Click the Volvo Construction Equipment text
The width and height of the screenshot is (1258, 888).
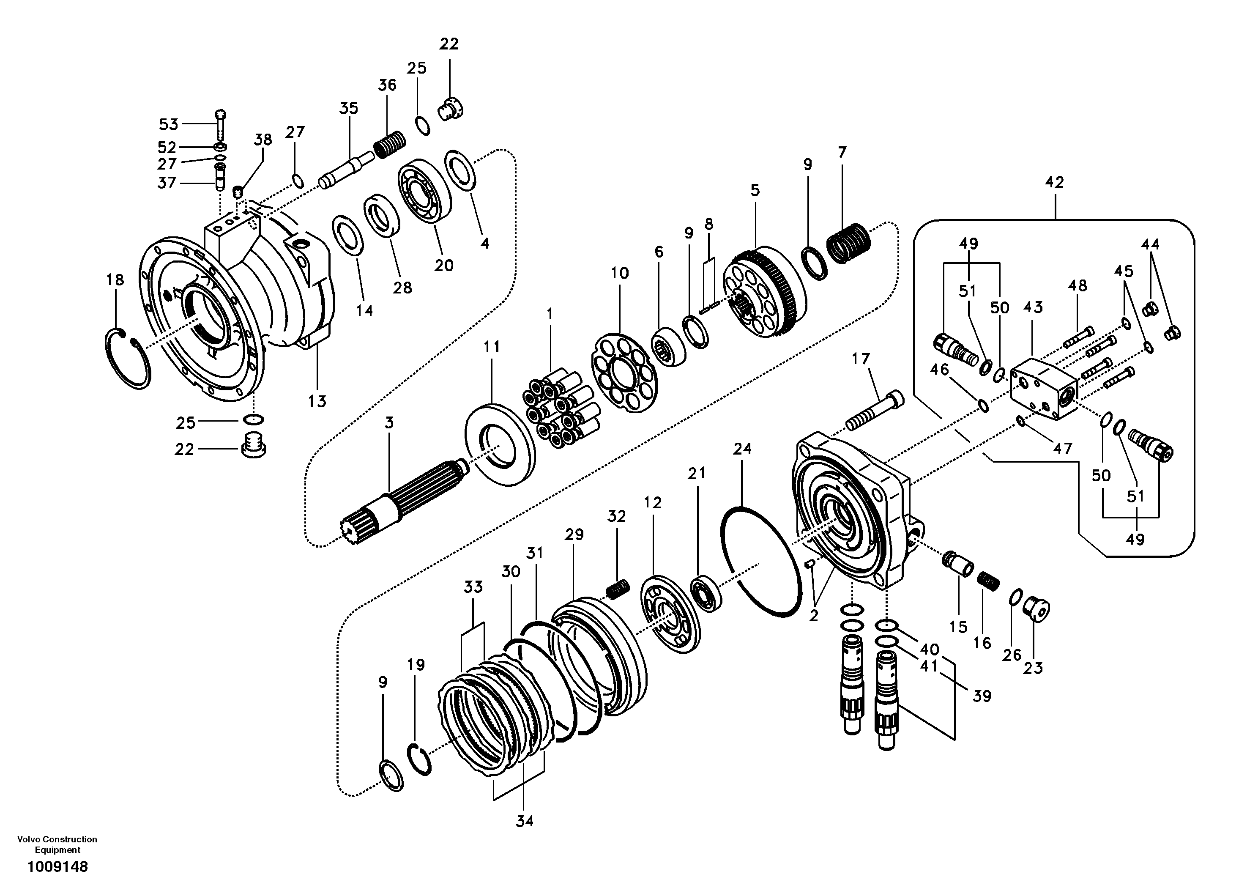pyautogui.click(x=57, y=844)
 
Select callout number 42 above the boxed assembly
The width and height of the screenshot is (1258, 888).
pyautogui.click(x=1054, y=183)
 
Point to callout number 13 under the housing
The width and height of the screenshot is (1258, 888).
pyautogui.click(x=317, y=401)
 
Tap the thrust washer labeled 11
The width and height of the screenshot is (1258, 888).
pyautogui.click(x=500, y=444)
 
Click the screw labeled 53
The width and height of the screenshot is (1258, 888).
pyautogui.click(x=220, y=124)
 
